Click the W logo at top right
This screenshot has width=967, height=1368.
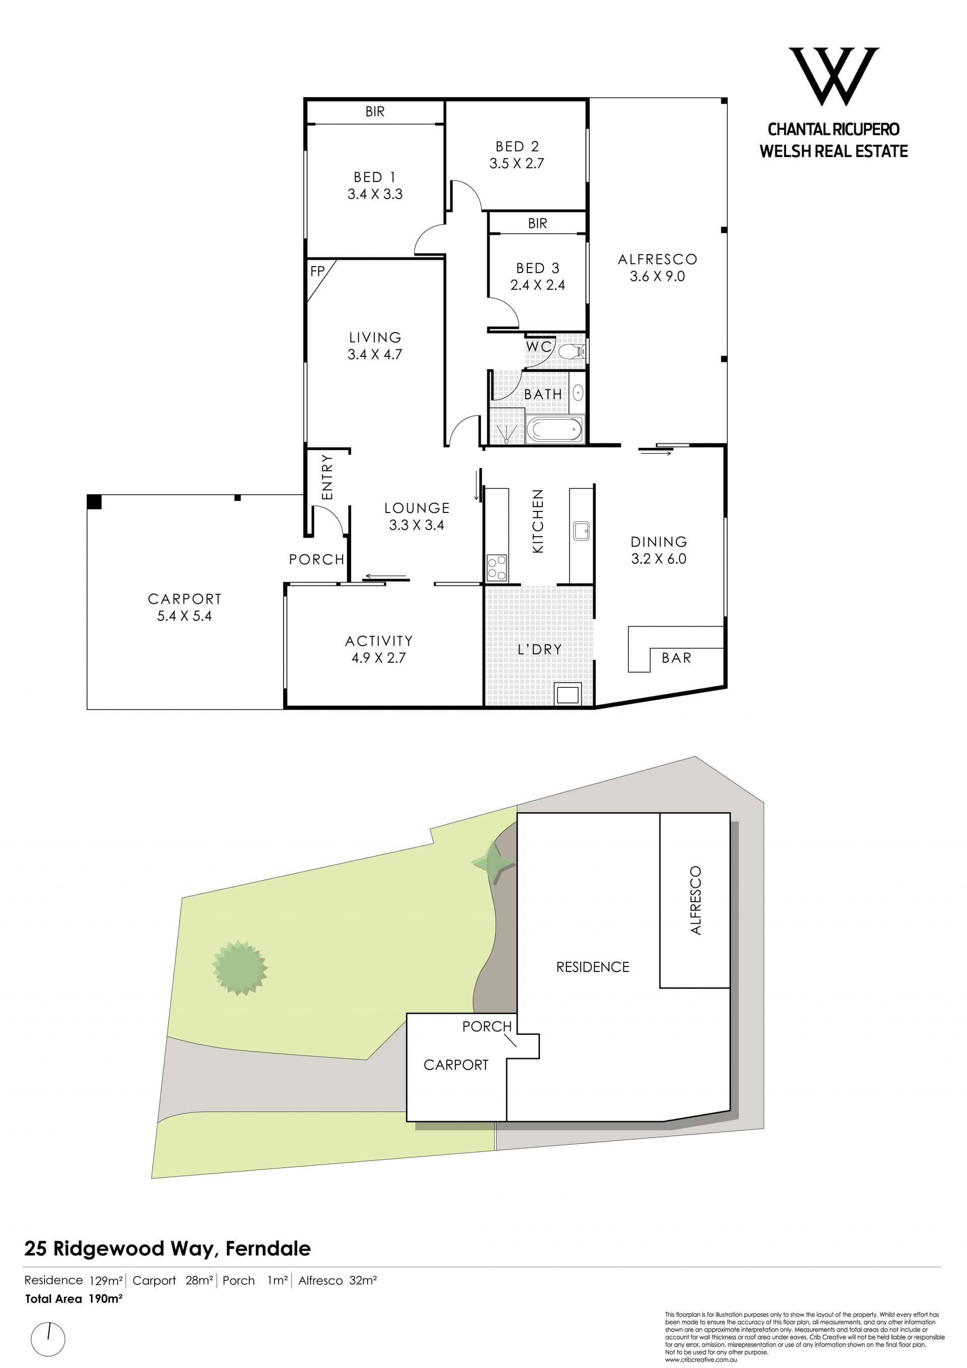(x=833, y=76)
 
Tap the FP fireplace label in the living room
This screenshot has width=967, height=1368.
(x=317, y=271)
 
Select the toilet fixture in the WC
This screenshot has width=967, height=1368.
(x=572, y=350)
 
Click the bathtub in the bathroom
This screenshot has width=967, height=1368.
(x=555, y=428)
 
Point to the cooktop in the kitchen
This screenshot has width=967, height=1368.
(x=497, y=567)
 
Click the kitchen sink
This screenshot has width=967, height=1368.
(x=581, y=531)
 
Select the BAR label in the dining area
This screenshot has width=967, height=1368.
(x=676, y=658)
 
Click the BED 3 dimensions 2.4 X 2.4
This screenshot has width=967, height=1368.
(x=538, y=285)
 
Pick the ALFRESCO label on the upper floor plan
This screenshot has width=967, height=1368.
(x=657, y=259)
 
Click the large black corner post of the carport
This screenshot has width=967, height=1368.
(x=94, y=502)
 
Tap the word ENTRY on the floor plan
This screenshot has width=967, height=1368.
(x=327, y=477)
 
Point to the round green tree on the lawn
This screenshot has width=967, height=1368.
(x=239, y=967)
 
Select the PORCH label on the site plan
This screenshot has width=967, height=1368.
(x=487, y=1026)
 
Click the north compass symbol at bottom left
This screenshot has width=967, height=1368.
(x=48, y=1341)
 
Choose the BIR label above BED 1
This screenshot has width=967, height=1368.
(x=375, y=111)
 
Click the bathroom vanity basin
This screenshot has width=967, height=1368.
(x=578, y=393)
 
